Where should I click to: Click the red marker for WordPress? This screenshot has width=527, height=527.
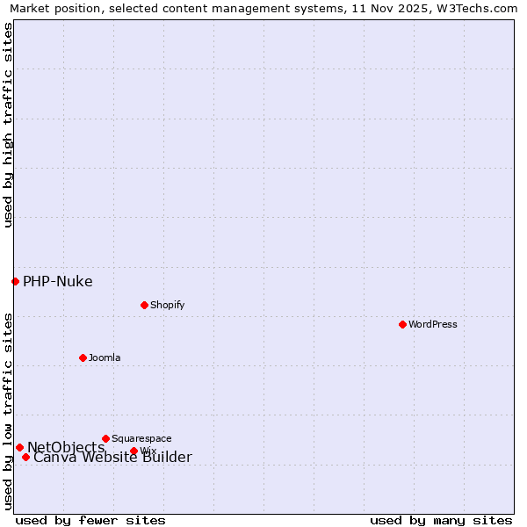pos(402,324)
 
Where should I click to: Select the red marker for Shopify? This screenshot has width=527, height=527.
pos(144,305)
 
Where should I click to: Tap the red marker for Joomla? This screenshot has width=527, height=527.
pos(83,357)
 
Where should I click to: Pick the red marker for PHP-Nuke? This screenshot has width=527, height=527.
pos(15,281)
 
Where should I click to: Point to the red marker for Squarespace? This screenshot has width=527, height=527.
pos(105,438)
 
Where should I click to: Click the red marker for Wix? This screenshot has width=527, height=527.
pos(134,451)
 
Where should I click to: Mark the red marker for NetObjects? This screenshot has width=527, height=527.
pos(19,447)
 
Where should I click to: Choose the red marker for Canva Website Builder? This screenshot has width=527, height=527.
pos(25,457)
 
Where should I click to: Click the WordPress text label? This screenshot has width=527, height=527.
pos(432,324)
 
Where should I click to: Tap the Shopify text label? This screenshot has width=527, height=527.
pos(167,305)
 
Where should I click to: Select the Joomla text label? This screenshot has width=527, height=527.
pos(105,357)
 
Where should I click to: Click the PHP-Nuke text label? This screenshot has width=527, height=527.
pos(57,282)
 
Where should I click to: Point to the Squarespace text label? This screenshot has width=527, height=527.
pos(141,438)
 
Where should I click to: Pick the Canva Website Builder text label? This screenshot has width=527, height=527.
pos(112,458)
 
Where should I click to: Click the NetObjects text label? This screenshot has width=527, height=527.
pos(65,447)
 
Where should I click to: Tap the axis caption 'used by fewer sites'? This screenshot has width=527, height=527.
pos(90,520)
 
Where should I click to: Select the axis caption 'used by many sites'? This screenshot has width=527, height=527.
pos(441,520)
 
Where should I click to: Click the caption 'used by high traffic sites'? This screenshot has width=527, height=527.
pos(9,125)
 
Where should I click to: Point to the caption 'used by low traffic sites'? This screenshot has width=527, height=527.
pos(9,411)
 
